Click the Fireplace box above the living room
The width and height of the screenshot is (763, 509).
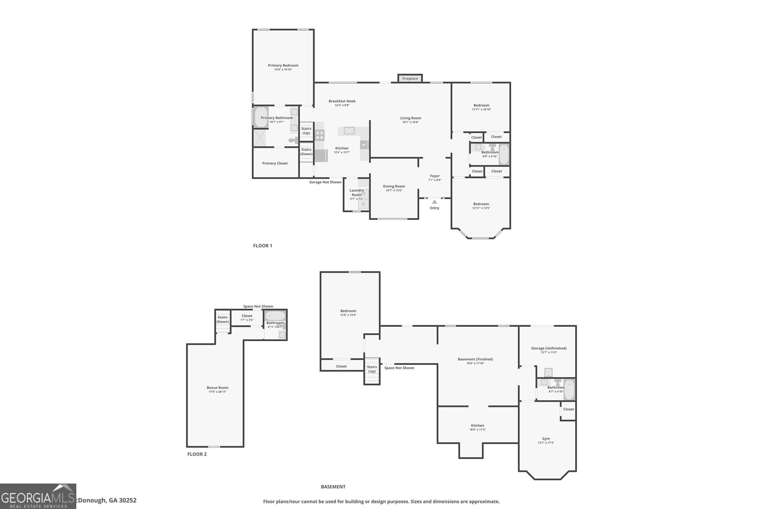(410, 78)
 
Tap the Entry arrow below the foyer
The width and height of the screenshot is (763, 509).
(434, 202)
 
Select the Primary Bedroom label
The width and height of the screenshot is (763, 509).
(283, 65)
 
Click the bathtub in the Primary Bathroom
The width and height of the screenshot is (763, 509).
(260, 117)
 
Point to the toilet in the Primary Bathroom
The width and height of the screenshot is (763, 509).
(293, 140)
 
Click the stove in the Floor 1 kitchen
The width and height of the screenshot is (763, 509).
(320, 135)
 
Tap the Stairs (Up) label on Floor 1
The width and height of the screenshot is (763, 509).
(306, 130)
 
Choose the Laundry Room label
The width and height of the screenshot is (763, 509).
(357, 192)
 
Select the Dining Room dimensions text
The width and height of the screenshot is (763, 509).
(394, 190)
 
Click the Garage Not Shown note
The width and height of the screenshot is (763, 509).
(325, 182)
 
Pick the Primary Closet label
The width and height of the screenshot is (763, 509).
(275, 163)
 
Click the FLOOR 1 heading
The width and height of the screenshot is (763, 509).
(262, 246)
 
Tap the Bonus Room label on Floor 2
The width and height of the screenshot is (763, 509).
(217, 387)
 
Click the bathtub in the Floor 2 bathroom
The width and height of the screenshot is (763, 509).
(275, 315)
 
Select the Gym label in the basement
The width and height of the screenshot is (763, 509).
(546, 438)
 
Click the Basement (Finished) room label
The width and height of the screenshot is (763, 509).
(475, 359)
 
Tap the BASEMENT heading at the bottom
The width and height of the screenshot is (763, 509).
(333, 487)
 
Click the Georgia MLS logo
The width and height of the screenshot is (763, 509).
(38, 496)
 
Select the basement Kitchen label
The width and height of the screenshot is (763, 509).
(477, 426)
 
